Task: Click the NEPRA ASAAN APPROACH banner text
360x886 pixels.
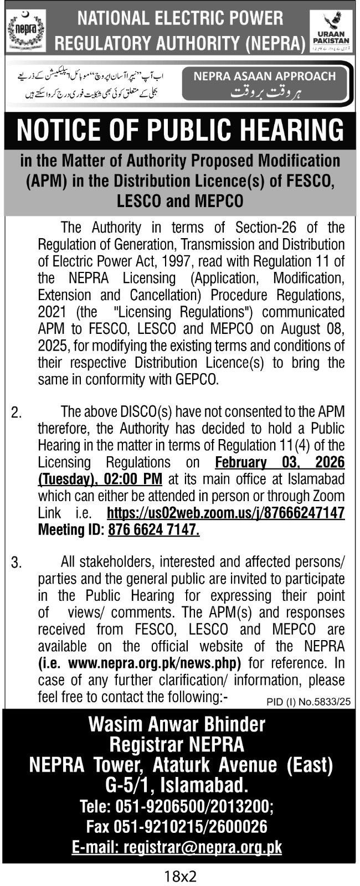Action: point(265,76)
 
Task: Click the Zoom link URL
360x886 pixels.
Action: point(225,512)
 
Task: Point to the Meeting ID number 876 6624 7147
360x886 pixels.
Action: point(153,529)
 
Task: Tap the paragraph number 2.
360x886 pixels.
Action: point(17,413)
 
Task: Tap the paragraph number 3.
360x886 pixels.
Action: point(17,563)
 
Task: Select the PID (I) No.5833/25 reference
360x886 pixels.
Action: point(308,702)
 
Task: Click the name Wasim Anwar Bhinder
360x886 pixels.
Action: point(177,724)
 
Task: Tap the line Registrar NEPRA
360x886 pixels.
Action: point(177,744)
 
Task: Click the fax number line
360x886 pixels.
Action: point(177,827)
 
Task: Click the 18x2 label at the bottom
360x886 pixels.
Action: point(181,876)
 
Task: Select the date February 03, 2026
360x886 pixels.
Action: point(279,462)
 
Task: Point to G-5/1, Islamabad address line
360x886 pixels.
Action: point(177,785)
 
